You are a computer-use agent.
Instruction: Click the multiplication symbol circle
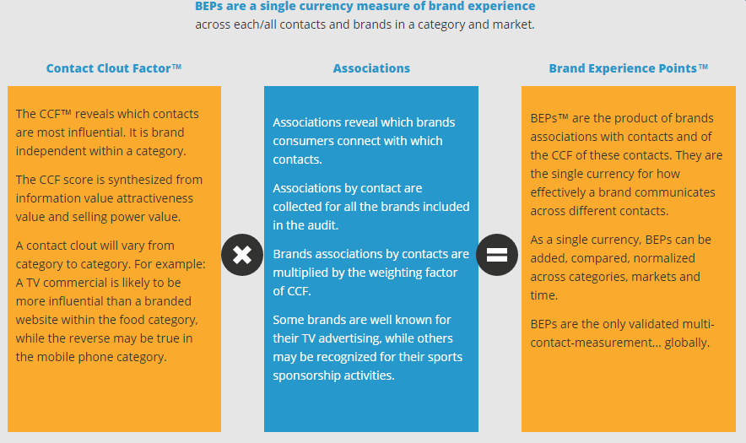242,255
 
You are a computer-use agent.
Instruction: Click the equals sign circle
497,255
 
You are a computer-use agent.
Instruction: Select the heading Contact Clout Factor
114,68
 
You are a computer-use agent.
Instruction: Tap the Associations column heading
371,68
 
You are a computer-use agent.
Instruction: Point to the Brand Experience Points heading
629,68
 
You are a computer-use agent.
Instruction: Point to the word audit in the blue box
323,225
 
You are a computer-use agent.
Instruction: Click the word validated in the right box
662,324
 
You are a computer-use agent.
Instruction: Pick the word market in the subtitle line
516,24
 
